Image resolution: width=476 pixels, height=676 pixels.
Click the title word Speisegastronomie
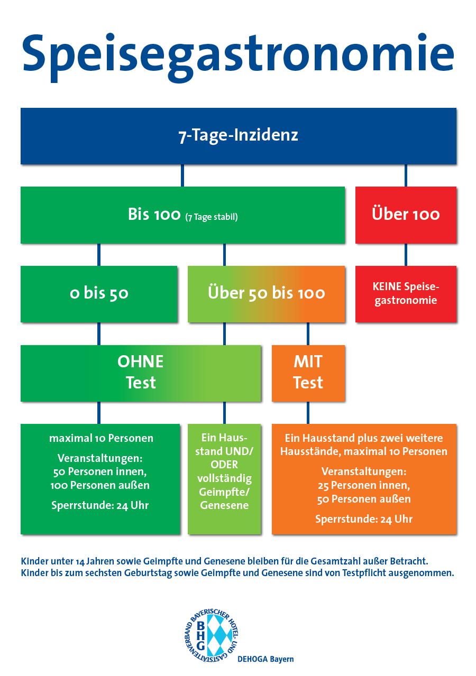[238, 57]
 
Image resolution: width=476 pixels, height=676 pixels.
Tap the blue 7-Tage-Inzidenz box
[239, 136]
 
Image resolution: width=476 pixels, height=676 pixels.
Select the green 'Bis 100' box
[182, 215]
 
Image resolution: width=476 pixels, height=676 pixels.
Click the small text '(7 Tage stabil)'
[212, 217]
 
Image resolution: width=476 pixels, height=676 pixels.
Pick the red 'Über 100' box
[406, 215]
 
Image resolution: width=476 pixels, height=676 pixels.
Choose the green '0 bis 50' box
[99, 294]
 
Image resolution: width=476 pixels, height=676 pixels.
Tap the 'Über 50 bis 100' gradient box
[266, 294]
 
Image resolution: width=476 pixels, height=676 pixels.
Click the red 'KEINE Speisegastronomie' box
[406, 294]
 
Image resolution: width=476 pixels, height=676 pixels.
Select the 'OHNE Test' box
[141, 373]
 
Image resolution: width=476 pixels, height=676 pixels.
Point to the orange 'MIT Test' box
[308, 373]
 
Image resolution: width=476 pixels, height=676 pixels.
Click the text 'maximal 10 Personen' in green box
[101, 438]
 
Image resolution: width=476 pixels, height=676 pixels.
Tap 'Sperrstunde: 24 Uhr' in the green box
[100, 505]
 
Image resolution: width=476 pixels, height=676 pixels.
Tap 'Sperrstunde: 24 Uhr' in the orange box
[364, 519]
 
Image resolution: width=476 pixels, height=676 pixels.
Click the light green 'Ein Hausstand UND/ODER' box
[224, 479]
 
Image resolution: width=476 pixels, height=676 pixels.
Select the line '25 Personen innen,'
[364, 485]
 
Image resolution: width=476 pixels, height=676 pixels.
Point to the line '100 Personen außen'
[100, 485]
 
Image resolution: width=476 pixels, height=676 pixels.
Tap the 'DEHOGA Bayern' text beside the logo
[266, 659]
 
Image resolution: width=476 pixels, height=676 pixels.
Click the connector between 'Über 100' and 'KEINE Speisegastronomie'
[406, 255]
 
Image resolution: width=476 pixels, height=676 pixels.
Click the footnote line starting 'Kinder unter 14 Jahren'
[224, 561]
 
